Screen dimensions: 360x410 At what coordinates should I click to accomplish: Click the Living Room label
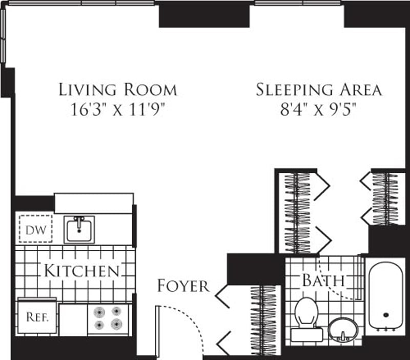pos(118,89)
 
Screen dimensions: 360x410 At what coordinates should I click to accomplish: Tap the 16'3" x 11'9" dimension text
pos(118,110)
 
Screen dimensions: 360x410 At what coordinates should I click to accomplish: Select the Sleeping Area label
pos(319,89)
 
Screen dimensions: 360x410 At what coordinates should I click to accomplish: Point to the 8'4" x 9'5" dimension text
pos(319,110)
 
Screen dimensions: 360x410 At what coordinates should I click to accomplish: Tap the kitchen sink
pos(79,229)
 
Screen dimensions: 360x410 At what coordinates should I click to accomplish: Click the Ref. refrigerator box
pos(37,317)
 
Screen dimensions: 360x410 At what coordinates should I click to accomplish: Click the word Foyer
pos(183,286)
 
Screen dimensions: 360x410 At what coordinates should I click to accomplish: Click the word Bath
pos(323,281)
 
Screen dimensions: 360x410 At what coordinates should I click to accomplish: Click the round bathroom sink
pos(343,328)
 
